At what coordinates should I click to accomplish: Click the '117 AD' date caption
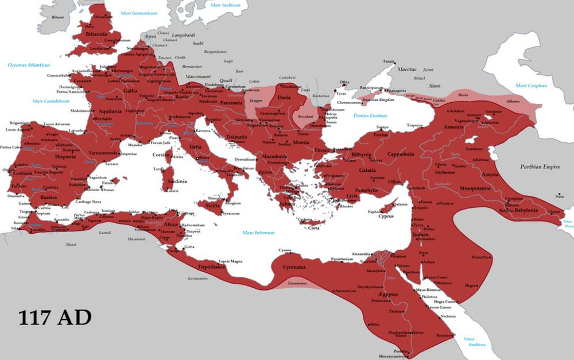tap(55, 318)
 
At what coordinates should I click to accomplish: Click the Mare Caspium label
tap(531, 86)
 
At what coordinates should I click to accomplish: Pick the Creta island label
tap(313, 228)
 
